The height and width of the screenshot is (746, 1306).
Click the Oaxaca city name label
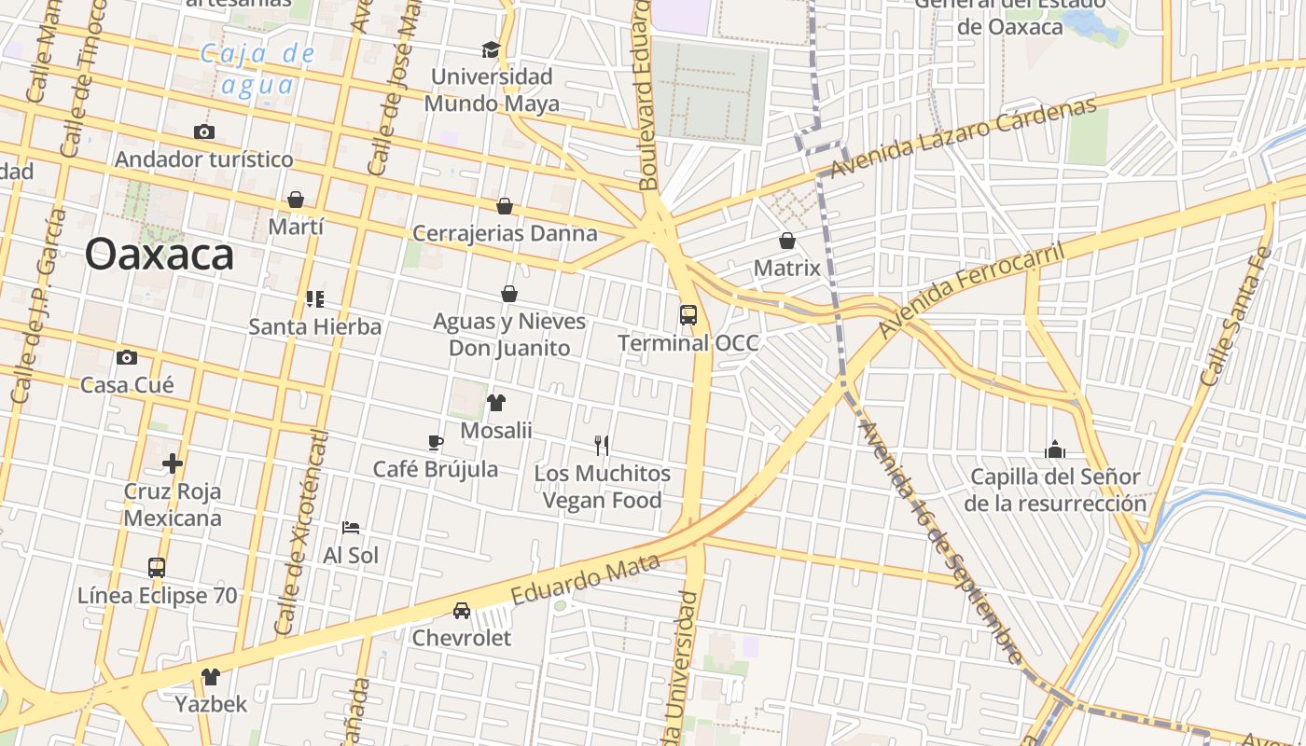pyautogui.click(x=159, y=254)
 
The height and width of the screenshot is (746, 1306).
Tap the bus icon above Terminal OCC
pyautogui.click(x=688, y=315)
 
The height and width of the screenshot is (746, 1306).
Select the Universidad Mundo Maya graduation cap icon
pyautogui.click(x=491, y=49)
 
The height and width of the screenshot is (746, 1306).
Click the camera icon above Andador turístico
pyautogui.click(x=204, y=131)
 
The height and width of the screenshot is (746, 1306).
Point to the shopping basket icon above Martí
pyautogui.click(x=296, y=200)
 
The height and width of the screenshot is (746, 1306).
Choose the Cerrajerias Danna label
pyautogui.click(x=505, y=233)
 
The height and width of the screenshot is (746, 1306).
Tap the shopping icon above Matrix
pyautogui.click(x=787, y=241)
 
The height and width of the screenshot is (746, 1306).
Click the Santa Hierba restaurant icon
pyautogui.click(x=315, y=299)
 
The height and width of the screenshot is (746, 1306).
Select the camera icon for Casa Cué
pyautogui.click(x=127, y=357)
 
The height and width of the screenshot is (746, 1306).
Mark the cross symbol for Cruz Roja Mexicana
pyautogui.click(x=173, y=463)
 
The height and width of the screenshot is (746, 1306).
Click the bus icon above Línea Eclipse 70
pyautogui.click(x=157, y=567)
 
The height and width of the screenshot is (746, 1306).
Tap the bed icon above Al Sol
pyautogui.click(x=351, y=528)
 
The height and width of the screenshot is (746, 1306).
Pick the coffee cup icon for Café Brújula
pyautogui.click(x=435, y=442)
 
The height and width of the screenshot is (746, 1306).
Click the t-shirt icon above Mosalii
pyautogui.click(x=496, y=403)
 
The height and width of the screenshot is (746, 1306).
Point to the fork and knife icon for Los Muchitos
pyautogui.click(x=602, y=446)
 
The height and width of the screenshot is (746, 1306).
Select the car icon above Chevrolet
pyautogui.click(x=462, y=611)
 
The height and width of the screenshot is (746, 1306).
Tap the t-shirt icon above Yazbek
pyautogui.click(x=211, y=676)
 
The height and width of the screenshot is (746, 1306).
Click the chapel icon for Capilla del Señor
pyautogui.click(x=1055, y=449)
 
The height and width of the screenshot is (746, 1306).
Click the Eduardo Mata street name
pyautogui.click(x=586, y=577)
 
